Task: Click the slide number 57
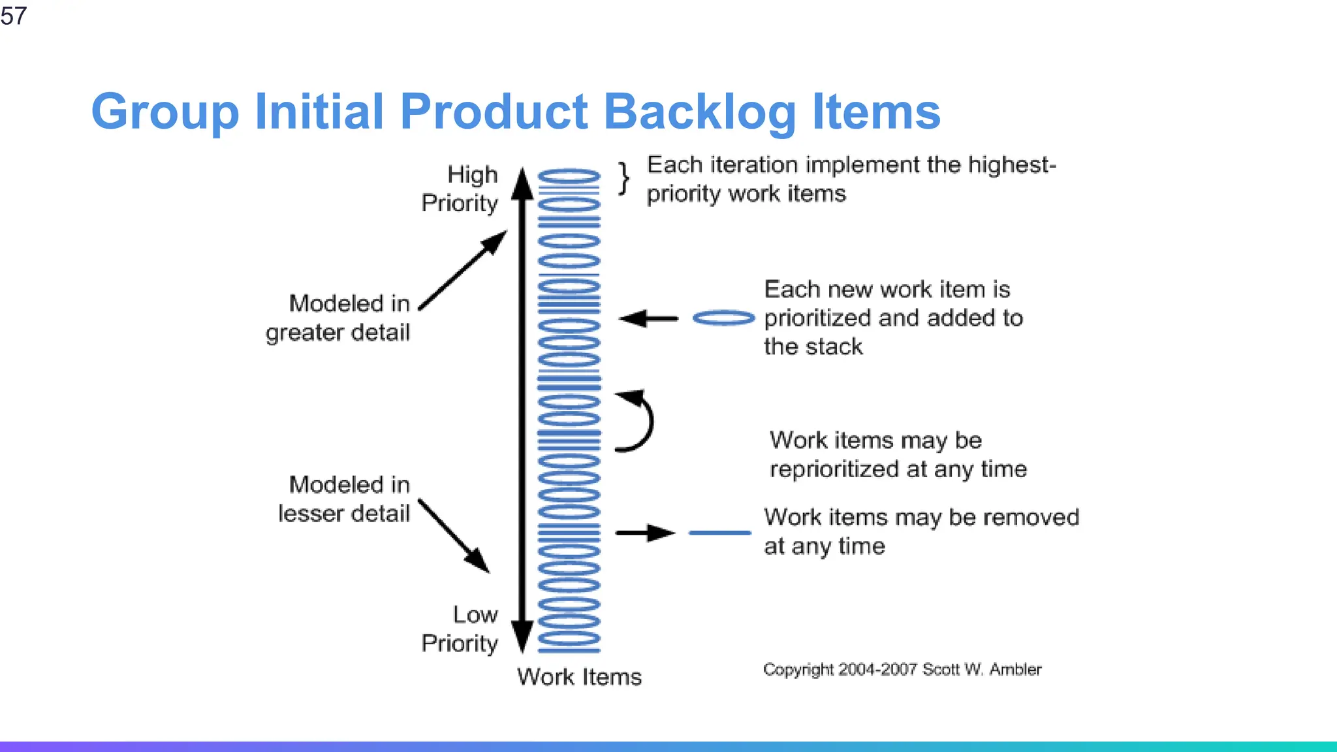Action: pyautogui.click(x=14, y=16)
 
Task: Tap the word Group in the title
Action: pyautogui.click(x=165, y=112)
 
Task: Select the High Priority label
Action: pyautogui.click(x=460, y=189)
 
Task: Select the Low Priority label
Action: pyautogui.click(x=460, y=629)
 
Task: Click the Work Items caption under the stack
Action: pyautogui.click(x=579, y=677)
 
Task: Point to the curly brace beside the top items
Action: pyautogui.click(x=625, y=178)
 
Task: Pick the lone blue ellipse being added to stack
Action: pyautogui.click(x=723, y=318)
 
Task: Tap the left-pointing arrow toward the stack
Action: pyautogui.click(x=648, y=319)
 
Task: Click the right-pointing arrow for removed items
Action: pyautogui.click(x=645, y=533)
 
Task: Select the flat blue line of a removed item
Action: pyautogui.click(x=720, y=533)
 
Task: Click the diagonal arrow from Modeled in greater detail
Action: pyautogui.click(x=462, y=270)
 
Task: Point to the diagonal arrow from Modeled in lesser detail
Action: pyautogui.click(x=454, y=536)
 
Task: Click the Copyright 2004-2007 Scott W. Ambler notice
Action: pyautogui.click(x=902, y=670)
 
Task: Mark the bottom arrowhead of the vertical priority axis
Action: pyautogui.click(x=522, y=636)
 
